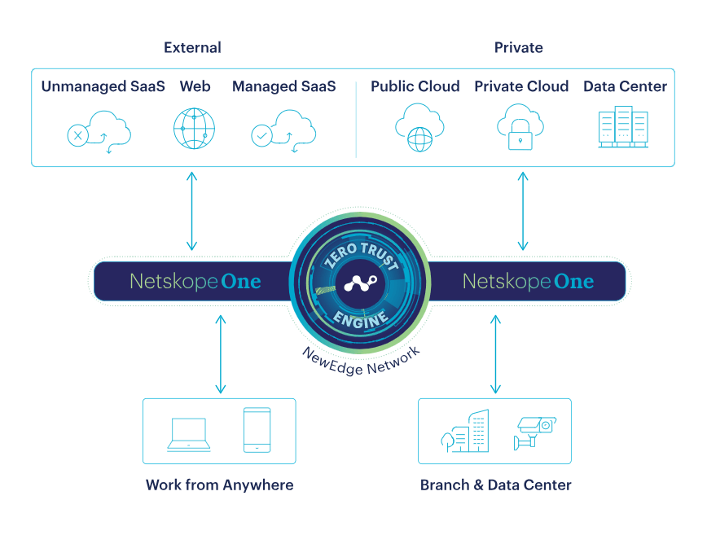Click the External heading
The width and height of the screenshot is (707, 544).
coord(192,47)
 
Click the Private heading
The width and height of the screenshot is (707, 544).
coord(519,47)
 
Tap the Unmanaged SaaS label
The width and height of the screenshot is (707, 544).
coord(103,86)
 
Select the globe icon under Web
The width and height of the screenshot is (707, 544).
coord(195,129)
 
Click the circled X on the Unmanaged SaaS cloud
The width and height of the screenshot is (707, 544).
coord(77,135)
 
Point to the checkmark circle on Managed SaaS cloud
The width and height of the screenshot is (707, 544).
coord(261,135)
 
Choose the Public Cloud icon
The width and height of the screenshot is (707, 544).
coord(419,128)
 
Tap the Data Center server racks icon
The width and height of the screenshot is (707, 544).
coord(623,127)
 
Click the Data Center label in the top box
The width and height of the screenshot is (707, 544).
coord(625,86)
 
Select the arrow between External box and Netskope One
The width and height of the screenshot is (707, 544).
coord(191,211)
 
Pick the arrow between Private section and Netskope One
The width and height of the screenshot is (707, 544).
coord(523,211)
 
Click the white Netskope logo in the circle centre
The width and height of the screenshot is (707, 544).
coord(360,283)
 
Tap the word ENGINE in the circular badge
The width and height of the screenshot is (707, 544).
coord(361,319)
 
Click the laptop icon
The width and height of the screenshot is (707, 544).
coord(188,435)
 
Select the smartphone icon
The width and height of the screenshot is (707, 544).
coord(257,430)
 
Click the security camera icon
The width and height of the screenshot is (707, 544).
coord(535,432)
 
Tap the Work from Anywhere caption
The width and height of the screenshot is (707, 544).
coord(220,485)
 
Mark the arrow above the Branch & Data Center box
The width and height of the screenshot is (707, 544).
coord(495,354)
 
